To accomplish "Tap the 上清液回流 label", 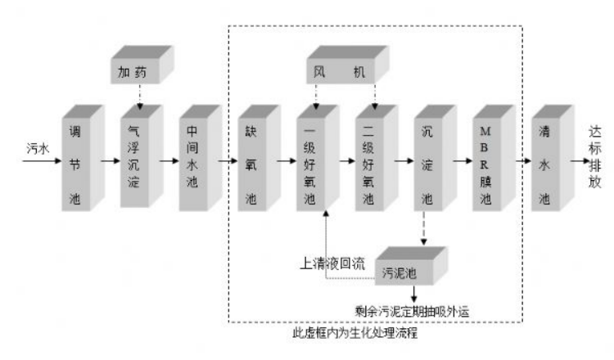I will [335, 263].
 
